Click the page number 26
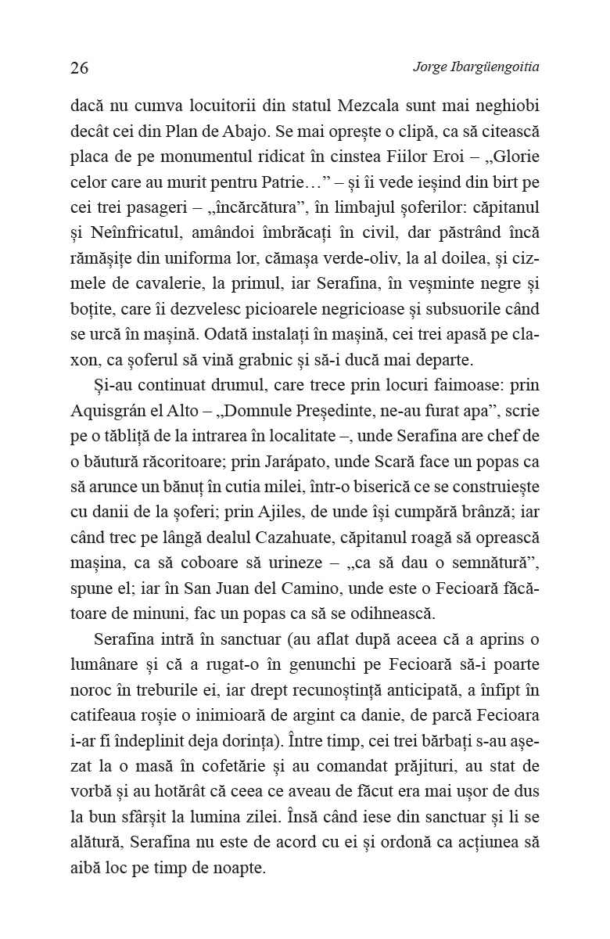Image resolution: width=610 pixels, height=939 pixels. (x=79, y=67)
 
